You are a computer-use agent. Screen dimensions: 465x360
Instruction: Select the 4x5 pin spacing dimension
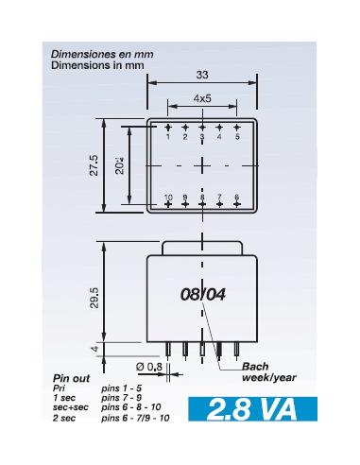click(x=202, y=97)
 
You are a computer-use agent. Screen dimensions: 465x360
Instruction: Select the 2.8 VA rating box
click(x=252, y=411)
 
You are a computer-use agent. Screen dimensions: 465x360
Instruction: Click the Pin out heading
click(x=70, y=379)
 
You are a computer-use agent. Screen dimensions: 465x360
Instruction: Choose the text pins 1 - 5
click(x=122, y=388)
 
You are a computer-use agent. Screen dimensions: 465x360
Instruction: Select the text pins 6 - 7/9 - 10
click(x=136, y=417)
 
